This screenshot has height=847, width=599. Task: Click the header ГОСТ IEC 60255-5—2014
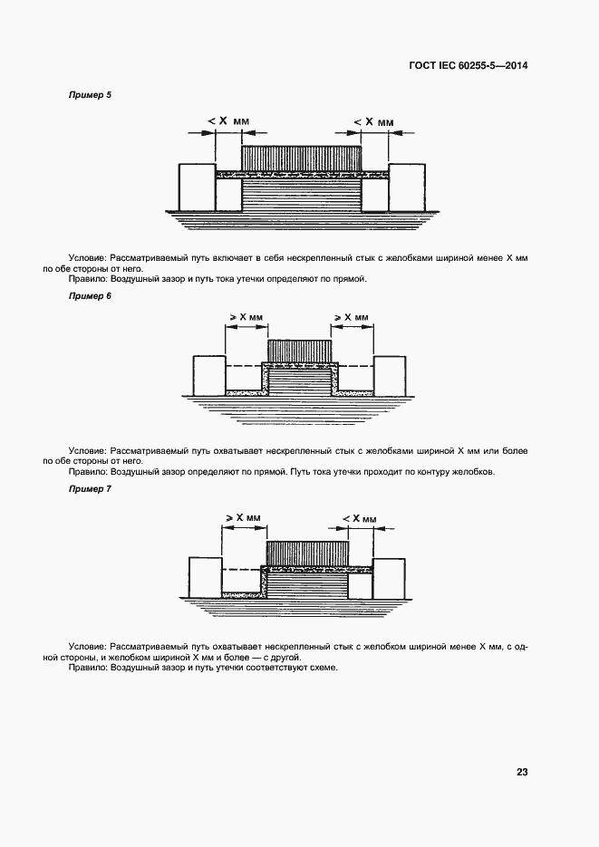(468, 65)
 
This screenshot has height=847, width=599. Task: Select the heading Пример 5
(90, 94)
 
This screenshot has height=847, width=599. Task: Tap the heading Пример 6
(90, 296)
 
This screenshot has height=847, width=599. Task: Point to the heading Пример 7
(90, 489)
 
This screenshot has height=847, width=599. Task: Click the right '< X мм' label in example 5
(373, 120)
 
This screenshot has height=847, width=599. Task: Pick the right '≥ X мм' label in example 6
(352, 317)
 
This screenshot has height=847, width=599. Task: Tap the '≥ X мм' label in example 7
(242, 518)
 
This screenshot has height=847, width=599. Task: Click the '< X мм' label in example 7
(360, 518)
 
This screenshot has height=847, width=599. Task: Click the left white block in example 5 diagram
(196, 187)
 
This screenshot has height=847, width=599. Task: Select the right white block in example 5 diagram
(407, 187)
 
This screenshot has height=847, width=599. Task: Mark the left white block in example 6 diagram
(208, 375)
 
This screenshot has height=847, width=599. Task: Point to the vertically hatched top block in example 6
(299, 351)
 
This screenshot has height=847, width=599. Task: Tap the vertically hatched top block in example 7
(306, 553)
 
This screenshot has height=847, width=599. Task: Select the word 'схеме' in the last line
(322, 667)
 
